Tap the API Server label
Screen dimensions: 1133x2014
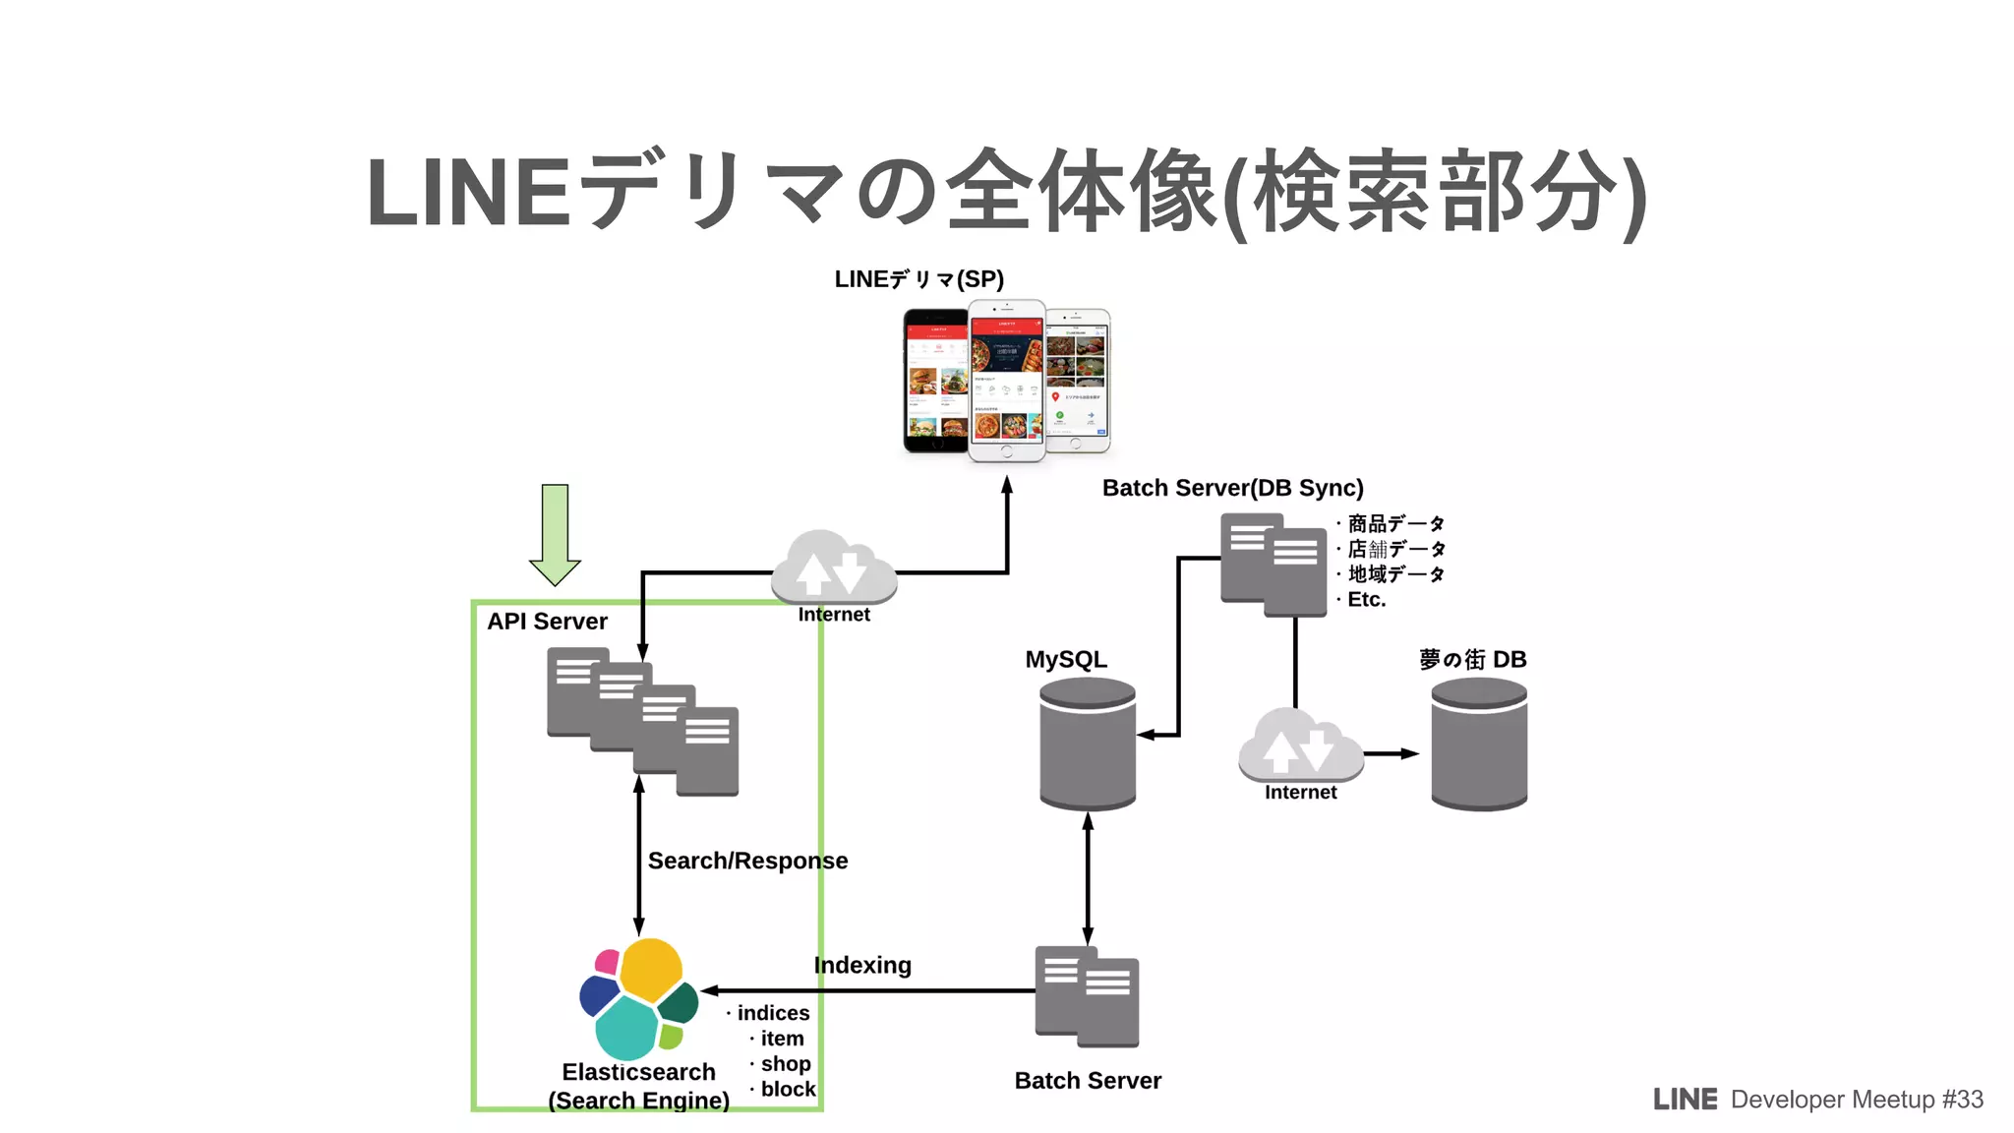[547, 622]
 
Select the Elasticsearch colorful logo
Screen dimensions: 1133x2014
[638, 997]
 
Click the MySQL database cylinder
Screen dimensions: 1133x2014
[1088, 745]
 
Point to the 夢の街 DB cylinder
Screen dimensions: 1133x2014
[1479, 745]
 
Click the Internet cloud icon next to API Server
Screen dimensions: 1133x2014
[833, 568]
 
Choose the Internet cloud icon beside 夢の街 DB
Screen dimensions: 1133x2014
[1300, 745]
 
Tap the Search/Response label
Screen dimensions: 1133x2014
[747, 861]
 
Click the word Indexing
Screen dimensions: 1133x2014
[862, 965]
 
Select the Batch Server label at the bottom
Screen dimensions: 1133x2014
[1088, 1081]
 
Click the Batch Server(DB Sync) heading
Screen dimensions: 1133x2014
[1232, 488]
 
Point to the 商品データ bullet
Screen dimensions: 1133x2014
[1394, 523]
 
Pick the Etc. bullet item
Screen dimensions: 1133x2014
[1366, 599]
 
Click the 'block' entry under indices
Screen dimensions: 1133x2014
[788, 1089]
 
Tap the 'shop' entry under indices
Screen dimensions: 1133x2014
[785, 1063]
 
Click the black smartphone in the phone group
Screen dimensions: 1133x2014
[935, 381]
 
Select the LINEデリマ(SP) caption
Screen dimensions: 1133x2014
[918, 279]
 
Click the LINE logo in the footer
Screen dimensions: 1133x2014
[1685, 1100]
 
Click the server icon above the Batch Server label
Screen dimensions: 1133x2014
[1087, 996]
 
